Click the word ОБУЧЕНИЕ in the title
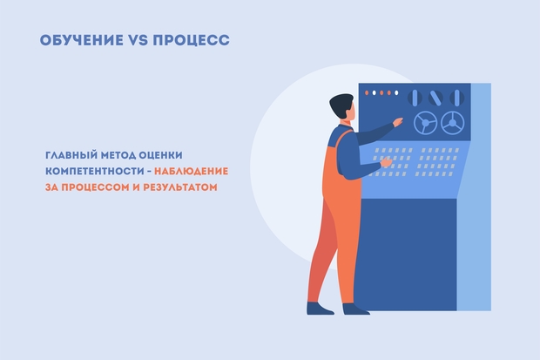81,40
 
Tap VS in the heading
138,40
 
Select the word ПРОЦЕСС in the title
191,40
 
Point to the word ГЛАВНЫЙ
71,155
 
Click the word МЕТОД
118,155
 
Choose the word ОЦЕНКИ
160,155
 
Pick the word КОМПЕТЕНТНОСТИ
95,171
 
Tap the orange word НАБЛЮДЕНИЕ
191,171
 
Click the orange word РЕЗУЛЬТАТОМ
180,187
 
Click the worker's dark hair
340,104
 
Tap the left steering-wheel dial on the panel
425,123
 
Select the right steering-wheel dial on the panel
453,123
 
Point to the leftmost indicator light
367,92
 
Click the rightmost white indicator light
396,92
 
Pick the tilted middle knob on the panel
435,98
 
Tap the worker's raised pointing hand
398,122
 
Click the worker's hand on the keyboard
386,162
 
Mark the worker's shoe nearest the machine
355,309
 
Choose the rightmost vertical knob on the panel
456,98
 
